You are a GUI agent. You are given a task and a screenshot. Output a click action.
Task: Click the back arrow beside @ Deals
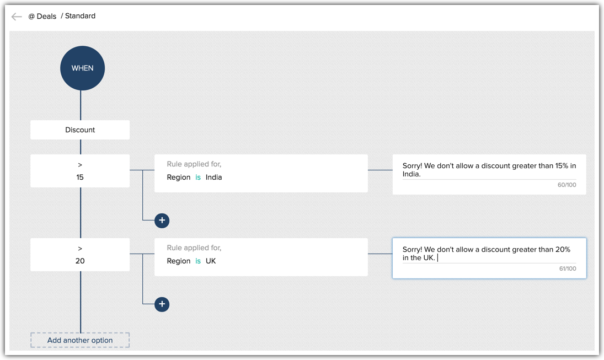click(x=17, y=17)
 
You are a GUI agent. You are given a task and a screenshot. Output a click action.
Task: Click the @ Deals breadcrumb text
click(x=42, y=17)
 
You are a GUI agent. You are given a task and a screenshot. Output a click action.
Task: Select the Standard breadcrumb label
click(x=80, y=16)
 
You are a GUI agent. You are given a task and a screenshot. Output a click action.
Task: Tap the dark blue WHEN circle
click(x=83, y=68)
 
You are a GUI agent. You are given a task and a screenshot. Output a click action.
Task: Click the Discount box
click(x=80, y=130)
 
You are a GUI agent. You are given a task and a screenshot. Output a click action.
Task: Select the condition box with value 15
click(x=80, y=171)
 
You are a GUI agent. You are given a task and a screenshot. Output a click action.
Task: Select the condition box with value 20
click(x=80, y=255)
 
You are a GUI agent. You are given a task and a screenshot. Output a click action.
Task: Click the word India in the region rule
click(x=213, y=178)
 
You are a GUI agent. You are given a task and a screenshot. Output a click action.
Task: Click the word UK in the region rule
click(x=211, y=261)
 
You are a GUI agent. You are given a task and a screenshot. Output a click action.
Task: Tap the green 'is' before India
click(x=198, y=178)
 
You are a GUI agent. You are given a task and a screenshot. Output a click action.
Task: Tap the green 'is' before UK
click(x=198, y=261)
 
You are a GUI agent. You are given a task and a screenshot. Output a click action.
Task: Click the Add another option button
click(x=80, y=340)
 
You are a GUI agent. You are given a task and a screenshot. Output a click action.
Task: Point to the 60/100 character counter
click(x=566, y=185)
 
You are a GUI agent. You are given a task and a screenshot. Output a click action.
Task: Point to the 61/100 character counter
click(x=567, y=269)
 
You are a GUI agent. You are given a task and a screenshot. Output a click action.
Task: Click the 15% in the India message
click(x=562, y=166)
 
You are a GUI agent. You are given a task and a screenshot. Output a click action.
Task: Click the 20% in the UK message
click(x=562, y=250)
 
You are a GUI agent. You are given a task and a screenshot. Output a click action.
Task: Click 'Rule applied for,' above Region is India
click(x=194, y=164)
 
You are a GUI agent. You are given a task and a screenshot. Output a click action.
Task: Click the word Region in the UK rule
click(x=179, y=261)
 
